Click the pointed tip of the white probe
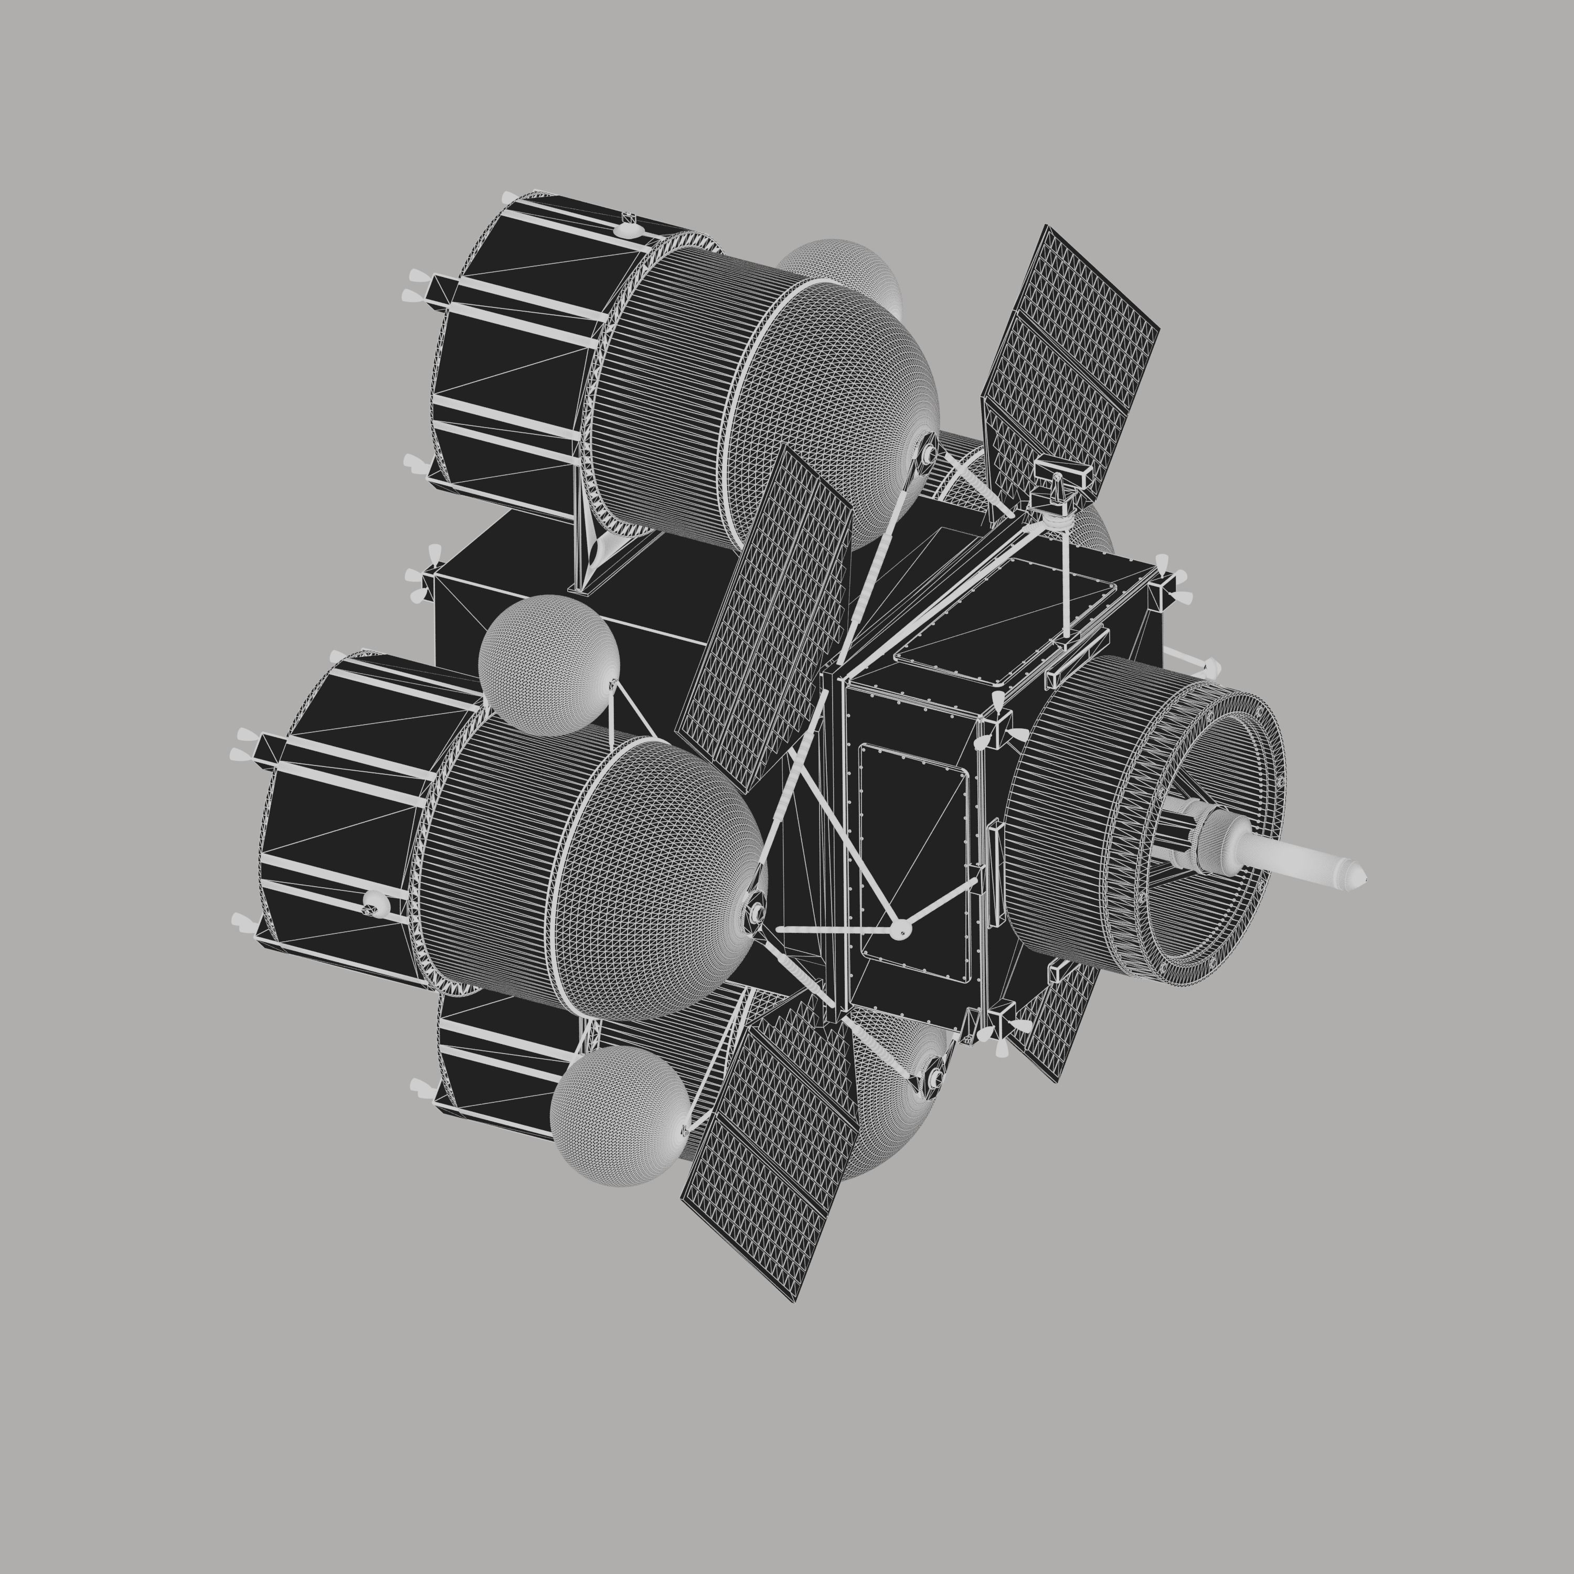click(x=1362, y=880)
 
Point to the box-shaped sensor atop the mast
click(x=1063, y=476)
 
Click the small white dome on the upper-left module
click(x=626, y=230)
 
